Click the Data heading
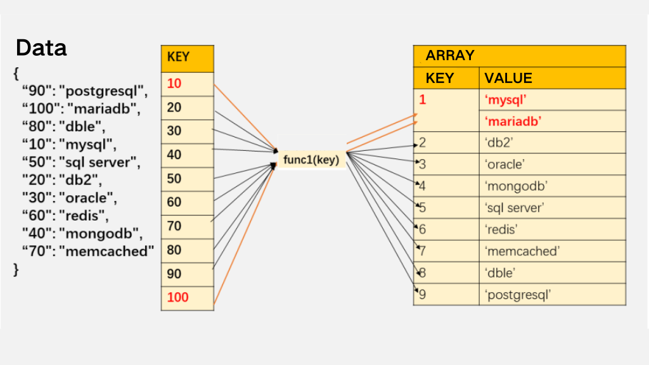click(x=41, y=48)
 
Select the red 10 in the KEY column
click(x=174, y=84)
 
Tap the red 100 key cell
click(x=177, y=297)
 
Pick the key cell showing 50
click(x=174, y=179)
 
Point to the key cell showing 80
click(x=174, y=250)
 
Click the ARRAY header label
click(x=450, y=56)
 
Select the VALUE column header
click(x=508, y=78)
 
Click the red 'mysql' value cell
click(x=506, y=99)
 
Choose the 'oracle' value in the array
click(x=505, y=165)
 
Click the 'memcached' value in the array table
click(x=522, y=252)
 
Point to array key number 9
click(x=423, y=295)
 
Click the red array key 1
click(x=422, y=99)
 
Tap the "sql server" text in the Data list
click(x=98, y=162)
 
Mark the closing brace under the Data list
click(x=16, y=269)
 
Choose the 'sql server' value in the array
click(x=515, y=208)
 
